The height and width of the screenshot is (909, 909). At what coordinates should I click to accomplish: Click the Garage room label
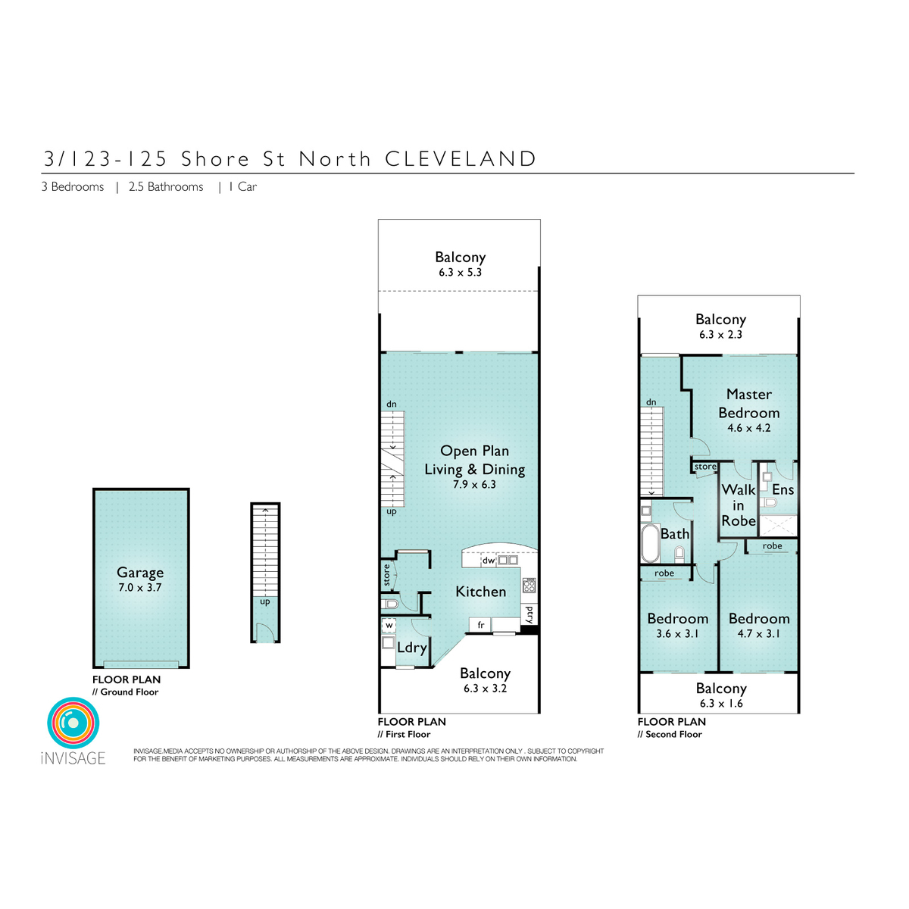[140, 572]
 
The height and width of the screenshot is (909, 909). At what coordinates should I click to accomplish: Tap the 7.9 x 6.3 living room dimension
[474, 485]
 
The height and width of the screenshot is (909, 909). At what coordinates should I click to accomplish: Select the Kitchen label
[481, 592]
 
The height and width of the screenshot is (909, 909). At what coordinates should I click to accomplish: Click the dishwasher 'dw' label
[489, 561]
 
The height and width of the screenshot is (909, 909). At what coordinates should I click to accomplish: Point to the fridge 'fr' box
[481, 625]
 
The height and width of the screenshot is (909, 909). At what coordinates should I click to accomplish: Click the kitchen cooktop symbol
[529, 586]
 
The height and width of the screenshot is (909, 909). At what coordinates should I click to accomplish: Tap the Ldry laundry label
[412, 647]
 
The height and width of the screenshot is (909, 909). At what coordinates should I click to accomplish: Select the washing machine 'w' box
[389, 626]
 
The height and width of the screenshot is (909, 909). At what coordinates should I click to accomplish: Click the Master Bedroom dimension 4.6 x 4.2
[748, 428]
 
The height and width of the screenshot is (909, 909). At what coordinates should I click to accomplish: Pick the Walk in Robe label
[739, 505]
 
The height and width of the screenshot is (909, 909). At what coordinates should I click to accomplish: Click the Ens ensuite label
[782, 489]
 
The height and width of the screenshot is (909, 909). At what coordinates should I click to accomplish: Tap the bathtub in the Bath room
[650, 543]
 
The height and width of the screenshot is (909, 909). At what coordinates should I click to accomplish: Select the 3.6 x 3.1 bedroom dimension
[677, 633]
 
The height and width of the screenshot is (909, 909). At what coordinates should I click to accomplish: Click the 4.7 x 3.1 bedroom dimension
[758, 633]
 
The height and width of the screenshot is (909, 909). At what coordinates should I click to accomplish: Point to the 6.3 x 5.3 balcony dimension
[460, 272]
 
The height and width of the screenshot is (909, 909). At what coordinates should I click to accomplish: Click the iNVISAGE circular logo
[73, 723]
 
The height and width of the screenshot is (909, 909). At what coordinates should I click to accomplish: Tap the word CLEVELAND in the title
[461, 159]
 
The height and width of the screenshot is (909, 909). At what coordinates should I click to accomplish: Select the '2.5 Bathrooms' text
[166, 187]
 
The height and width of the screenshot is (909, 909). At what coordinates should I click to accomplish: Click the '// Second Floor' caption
[670, 734]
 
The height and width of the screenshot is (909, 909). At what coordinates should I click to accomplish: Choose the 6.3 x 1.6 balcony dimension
[721, 703]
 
